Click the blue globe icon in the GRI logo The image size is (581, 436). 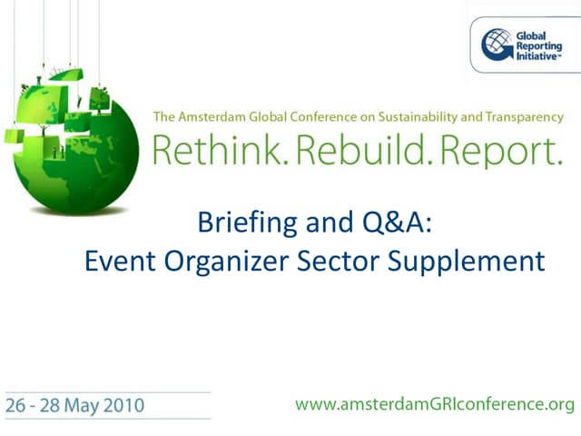(497, 44)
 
